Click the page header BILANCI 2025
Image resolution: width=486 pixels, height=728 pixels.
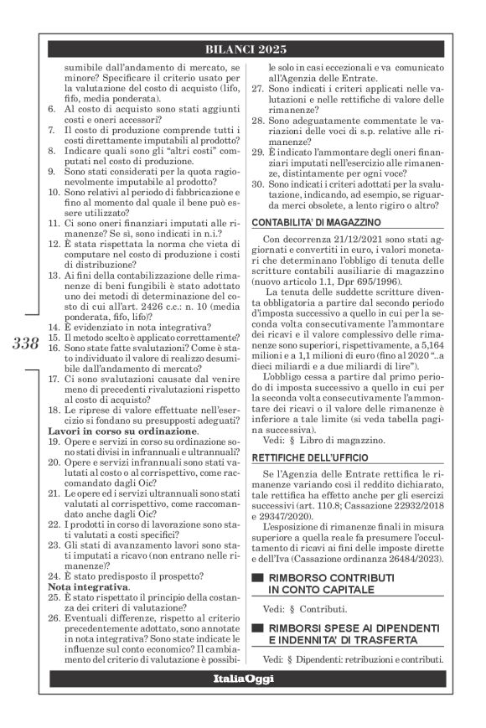(x=243, y=49)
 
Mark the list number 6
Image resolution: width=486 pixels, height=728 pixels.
(x=54, y=110)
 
